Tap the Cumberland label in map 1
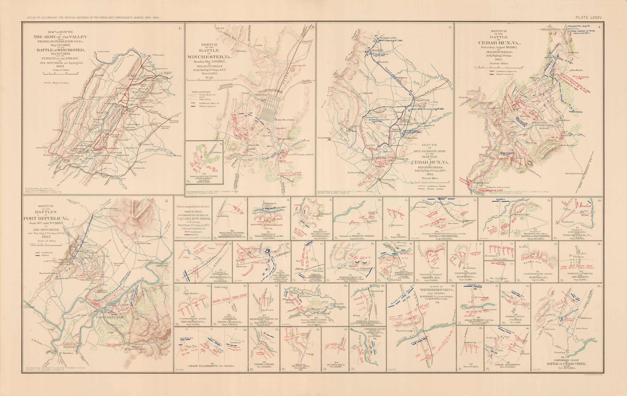(103, 51)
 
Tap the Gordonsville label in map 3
(388, 180)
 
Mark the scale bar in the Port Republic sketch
(46, 244)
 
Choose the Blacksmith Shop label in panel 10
(372, 222)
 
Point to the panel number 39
(481, 328)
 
